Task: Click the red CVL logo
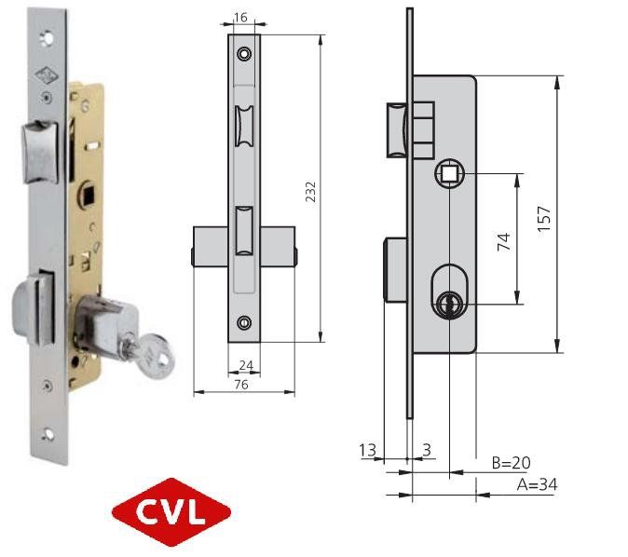click(x=171, y=511)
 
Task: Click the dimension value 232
click(x=311, y=191)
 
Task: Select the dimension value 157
click(x=546, y=217)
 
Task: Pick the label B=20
click(x=512, y=463)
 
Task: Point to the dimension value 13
click(x=368, y=451)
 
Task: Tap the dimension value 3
click(x=426, y=451)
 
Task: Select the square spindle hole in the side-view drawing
click(x=448, y=172)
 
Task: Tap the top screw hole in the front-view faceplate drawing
click(x=244, y=54)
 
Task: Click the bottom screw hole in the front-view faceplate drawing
click(x=244, y=322)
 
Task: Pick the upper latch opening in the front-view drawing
click(x=244, y=125)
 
